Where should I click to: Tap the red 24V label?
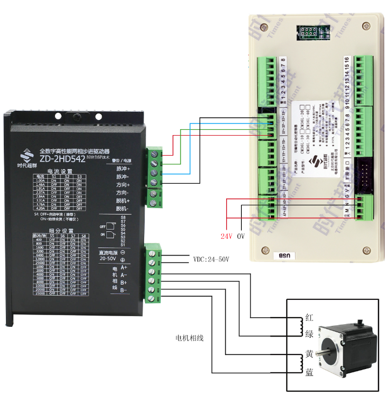click(227, 236)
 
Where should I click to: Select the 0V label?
click(241, 236)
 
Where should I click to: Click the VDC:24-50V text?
click(211, 259)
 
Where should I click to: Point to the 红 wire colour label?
click(309, 317)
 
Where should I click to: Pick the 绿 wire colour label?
click(309, 333)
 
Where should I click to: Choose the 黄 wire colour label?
click(309, 354)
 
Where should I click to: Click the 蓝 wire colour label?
click(309, 371)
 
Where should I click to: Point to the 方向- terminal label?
click(123, 192)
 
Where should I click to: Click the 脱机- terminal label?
click(123, 209)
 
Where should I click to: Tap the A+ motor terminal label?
click(124, 267)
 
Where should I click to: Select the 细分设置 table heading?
click(59, 231)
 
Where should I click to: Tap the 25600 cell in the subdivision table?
click(38, 263)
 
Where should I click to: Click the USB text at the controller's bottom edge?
click(284, 256)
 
